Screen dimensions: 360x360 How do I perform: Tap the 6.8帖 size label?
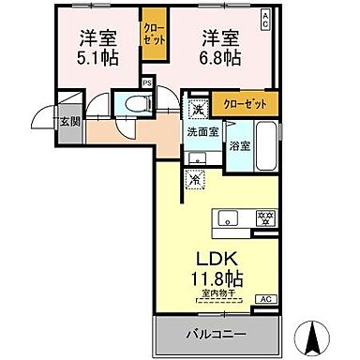(218, 58)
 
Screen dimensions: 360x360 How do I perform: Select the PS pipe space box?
(146, 82)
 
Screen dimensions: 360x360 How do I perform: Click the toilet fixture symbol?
(127, 105)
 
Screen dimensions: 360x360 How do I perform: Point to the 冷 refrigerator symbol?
(196, 178)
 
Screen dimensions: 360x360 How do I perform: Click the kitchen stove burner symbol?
(265, 218)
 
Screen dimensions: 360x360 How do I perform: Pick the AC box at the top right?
(267, 17)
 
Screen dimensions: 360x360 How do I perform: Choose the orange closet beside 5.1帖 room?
(151, 37)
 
